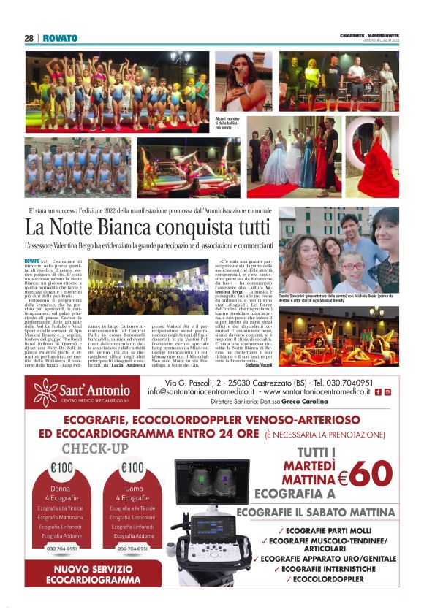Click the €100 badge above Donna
click(x=62, y=467)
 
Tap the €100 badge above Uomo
click(x=132, y=467)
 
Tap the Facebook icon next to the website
click(x=377, y=391)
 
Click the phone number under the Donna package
click(x=62, y=549)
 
